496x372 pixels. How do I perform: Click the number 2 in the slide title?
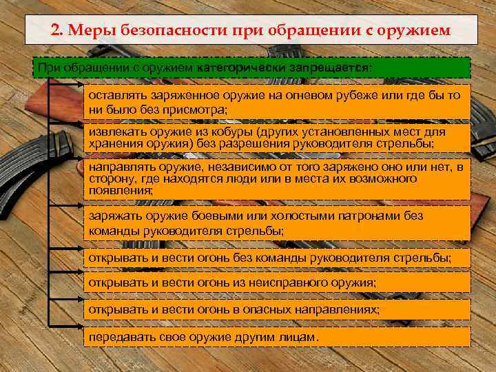[56, 31]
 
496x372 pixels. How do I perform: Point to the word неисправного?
[290, 282]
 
